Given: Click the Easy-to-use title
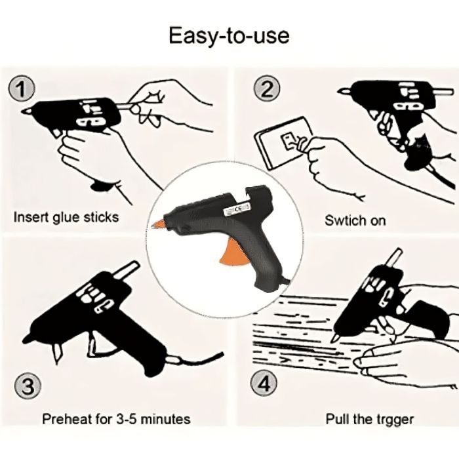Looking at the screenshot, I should coord(229,35).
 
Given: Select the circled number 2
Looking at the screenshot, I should coord(266,89).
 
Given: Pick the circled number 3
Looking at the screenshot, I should coord(27,387).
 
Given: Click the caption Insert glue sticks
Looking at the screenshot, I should coord(66,217).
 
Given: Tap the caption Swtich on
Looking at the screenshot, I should coord(355,220).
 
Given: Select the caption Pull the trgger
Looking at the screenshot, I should coord(370,418).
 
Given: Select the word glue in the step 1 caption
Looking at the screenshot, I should coord(63,217).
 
